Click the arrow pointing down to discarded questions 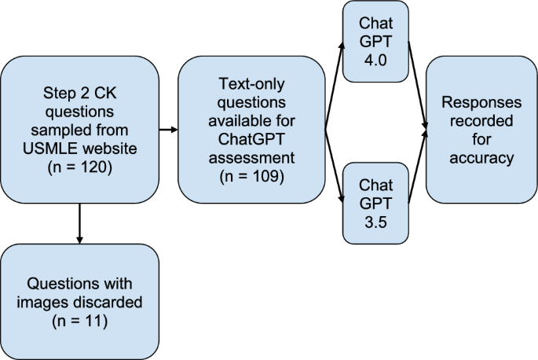pos(79,223)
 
